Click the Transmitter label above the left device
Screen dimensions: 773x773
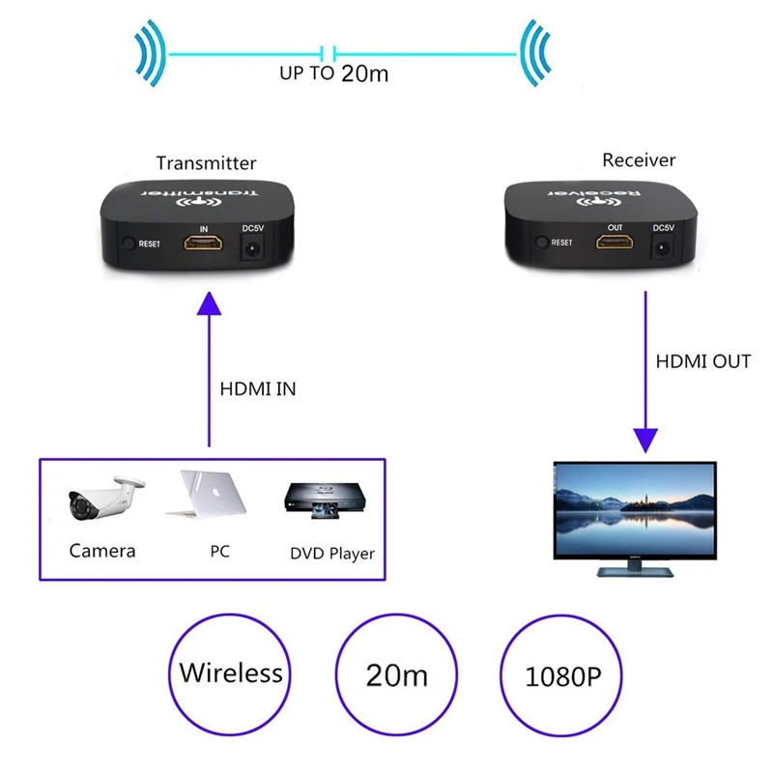pyautogui.click(x=206, y=163)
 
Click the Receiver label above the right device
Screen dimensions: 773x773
pyautogui.click(x=639, y=159)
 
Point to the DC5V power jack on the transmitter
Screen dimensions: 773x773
pyautogui.click(x=252, y=247)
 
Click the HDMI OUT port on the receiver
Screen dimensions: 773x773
pyautogui.click(x=616, y=243)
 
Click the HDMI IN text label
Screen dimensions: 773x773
pyautogui.click(x=259, y=389)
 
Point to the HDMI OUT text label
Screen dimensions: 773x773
pyautogui.click(x=702, y=361)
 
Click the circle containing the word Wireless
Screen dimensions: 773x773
pyautogui.click(x=231, y=673)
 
